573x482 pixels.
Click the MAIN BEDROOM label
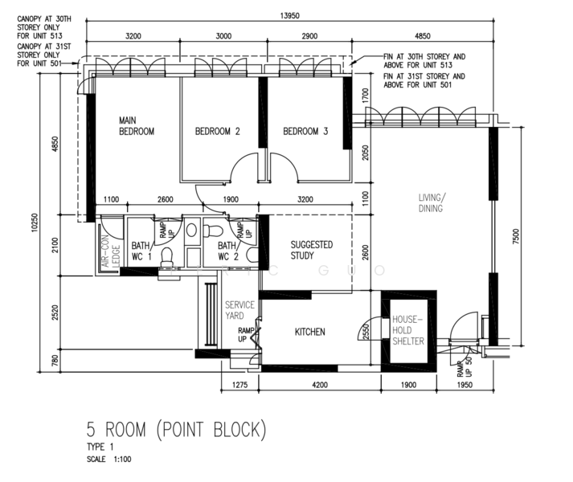pos(137,125)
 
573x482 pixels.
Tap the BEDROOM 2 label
pos(218,131)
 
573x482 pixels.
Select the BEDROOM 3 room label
pos(305,131)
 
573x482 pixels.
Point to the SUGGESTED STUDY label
pos(312,250)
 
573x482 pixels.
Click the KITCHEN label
pos(310,332)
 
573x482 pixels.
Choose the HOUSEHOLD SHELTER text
pos(408,330)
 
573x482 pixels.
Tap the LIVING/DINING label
pos(432,202)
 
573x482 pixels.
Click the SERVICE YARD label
pos(239,310)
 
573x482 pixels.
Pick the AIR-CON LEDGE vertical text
pos(111,251)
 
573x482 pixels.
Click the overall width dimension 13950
pos(290,16)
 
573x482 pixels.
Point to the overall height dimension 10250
pos(35,223)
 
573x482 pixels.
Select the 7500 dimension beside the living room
pos(516,236)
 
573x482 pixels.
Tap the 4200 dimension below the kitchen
pos(320,385)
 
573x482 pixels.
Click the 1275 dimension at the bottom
pos(239,385)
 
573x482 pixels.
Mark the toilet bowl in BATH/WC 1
pos(167,257)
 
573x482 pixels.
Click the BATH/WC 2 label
pos(228,251)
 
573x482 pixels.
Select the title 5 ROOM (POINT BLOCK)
pos(177,430)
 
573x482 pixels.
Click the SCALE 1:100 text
pos(109,460)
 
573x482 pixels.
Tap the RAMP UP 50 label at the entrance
pos(465,367)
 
